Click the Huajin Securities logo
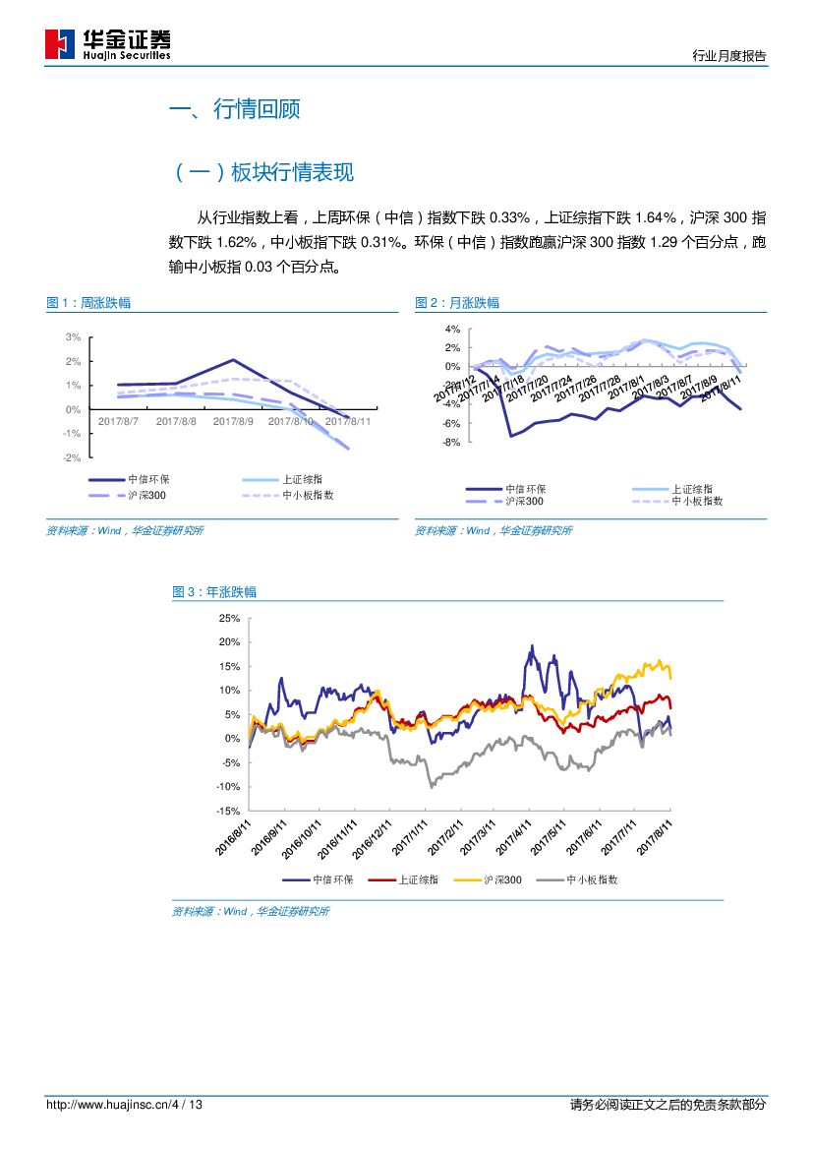coord(108,44)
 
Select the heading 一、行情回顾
coord(235,109)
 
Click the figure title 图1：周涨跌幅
coord(88,303)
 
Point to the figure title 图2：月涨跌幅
coord(457,303)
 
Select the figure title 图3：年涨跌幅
coord(214,592)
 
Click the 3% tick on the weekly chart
coord(74,337)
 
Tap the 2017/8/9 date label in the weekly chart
coord(233,420)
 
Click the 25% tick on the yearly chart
coord(229,618)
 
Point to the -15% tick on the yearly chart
coord(227,811)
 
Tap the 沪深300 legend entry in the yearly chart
coord(502,880)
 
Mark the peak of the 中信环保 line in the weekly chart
coord(233,360)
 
